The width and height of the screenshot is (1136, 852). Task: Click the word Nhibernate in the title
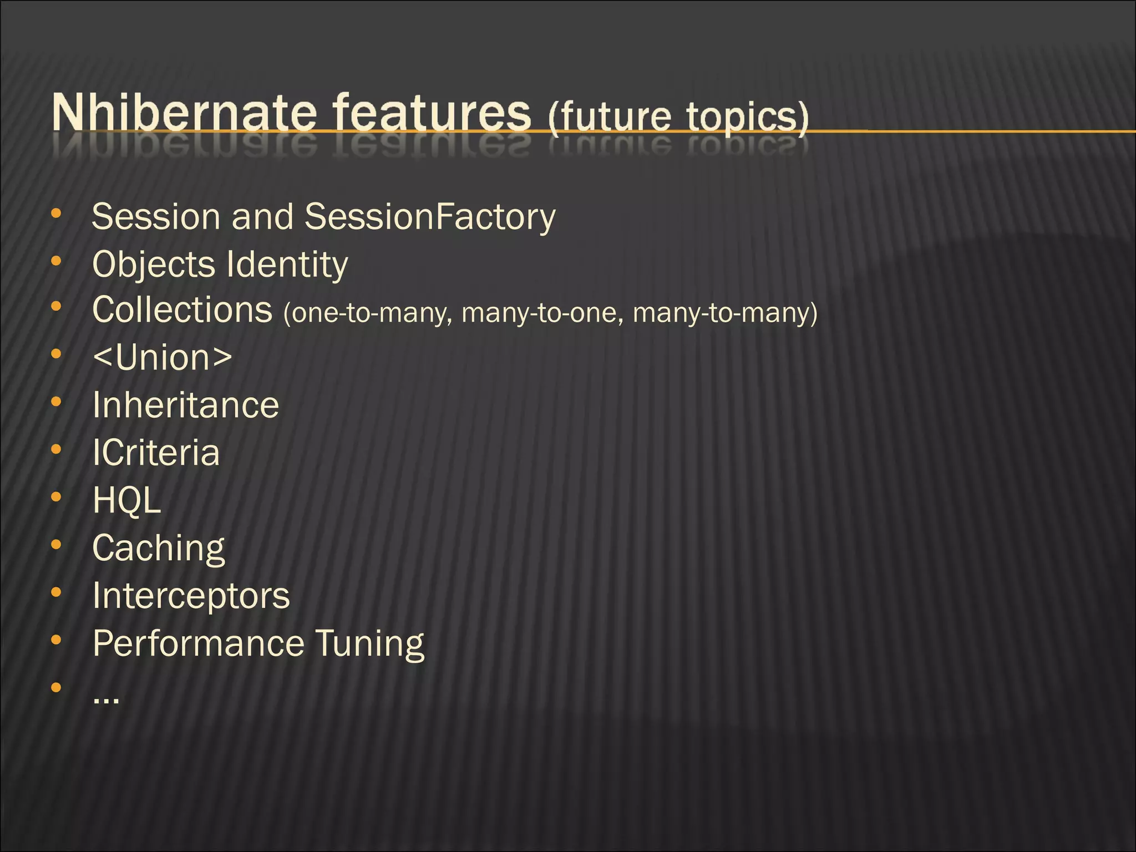coord(184,112)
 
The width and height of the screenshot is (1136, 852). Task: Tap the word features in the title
coord(433,112)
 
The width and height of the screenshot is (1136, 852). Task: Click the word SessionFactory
coord(430,216)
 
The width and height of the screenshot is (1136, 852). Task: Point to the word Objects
coord(153,265)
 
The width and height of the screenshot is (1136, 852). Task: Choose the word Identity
coord(287,265)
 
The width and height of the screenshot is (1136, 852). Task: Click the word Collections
coord(182,310)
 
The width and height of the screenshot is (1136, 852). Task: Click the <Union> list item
coord(163,357)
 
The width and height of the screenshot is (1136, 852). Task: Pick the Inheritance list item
coord(186,405)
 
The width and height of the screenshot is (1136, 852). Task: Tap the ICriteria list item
coord(156,453)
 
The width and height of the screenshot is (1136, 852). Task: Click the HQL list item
coord(127,500)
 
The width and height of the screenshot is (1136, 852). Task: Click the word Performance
coord(199,643)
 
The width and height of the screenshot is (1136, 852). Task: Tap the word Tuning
coord(370,643)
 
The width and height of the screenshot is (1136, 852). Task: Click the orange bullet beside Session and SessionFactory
coord(56,214)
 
